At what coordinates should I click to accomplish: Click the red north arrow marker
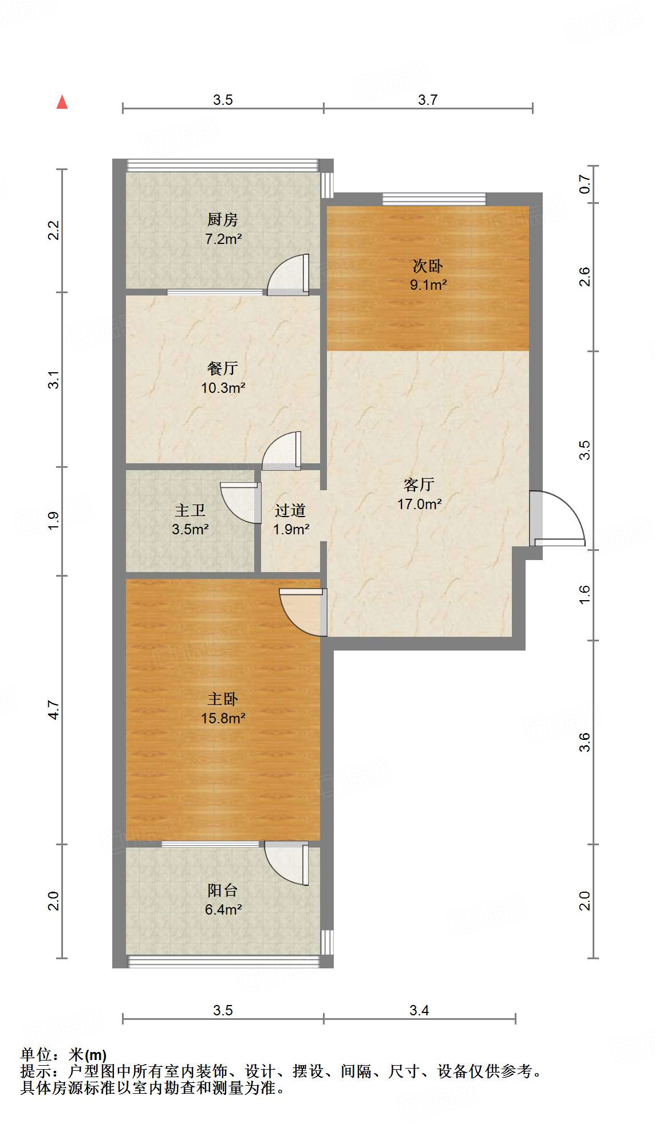[x=62, y=103]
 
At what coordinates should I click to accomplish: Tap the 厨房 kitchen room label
[x=222, y=219]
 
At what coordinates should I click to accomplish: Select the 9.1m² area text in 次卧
[x=428, y=285]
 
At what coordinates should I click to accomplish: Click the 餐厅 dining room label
[x=222, y=368]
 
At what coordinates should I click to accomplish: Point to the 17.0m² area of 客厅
[x=419, y=504]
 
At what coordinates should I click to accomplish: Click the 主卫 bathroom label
[x=190, y=510]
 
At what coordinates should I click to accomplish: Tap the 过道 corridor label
[x=290, y=510]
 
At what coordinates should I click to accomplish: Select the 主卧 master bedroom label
[x=222, y=699]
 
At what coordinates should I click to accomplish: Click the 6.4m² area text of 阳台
[x=223, y=909]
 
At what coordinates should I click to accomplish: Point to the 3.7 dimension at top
[x=428, y=100]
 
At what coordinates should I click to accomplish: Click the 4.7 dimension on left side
[x=53, y=710]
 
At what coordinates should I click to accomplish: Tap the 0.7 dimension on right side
[x=585, y=184]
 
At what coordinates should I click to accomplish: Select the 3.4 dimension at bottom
[x=419, y=1010]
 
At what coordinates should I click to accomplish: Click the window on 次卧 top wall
[x=434, y=199]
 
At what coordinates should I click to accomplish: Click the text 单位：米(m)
[x=64, y=1054]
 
